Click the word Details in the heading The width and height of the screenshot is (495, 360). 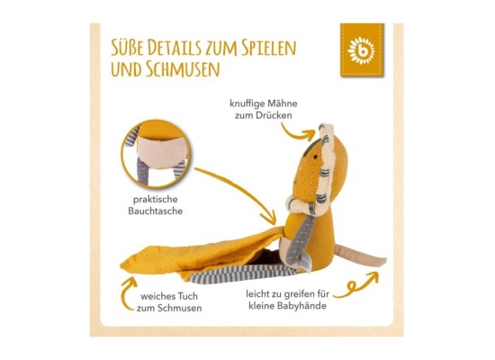click(x=175, y=48)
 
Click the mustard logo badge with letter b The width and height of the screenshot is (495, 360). click(x=362, y=49)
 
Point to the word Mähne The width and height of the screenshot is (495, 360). click(x=282, y=103)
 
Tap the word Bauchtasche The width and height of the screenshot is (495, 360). click(x=156, y=211)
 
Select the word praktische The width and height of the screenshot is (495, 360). click(x=156, y=200)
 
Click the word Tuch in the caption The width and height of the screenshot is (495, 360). click(x=187, y=296)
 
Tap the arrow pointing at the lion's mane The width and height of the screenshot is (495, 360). click(x=297, y=132)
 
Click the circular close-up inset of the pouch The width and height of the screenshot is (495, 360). click(x=156, y=154)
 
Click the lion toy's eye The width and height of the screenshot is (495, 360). click(x=315, y=156)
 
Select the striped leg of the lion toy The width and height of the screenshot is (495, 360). click(x=243, y=274)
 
